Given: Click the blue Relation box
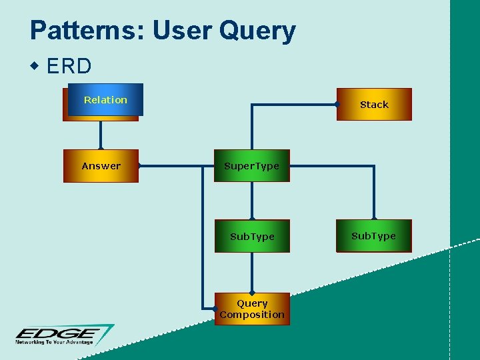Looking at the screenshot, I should click(x=105, y=100).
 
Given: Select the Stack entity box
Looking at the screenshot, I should click(x=374, y=105).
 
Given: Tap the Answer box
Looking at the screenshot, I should click(x=101, y=166).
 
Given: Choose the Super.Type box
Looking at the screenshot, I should click(x=252, y=166).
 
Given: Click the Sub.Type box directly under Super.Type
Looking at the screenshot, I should click(x=252, y=237).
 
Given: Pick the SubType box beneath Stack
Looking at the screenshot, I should click(x=374, y=236).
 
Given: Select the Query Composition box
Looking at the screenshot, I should click(x=252, y=309).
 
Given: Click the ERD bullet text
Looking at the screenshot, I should click(x=69, y=67).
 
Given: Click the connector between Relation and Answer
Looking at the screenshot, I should click(x=101, y=135).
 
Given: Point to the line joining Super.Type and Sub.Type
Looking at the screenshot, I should click(x=252, y=200).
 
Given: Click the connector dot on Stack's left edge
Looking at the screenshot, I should click(x=337, y=104).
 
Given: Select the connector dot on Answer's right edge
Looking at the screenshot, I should click(x=139, y=165).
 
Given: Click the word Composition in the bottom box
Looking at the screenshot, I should click(x=252, y=315).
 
